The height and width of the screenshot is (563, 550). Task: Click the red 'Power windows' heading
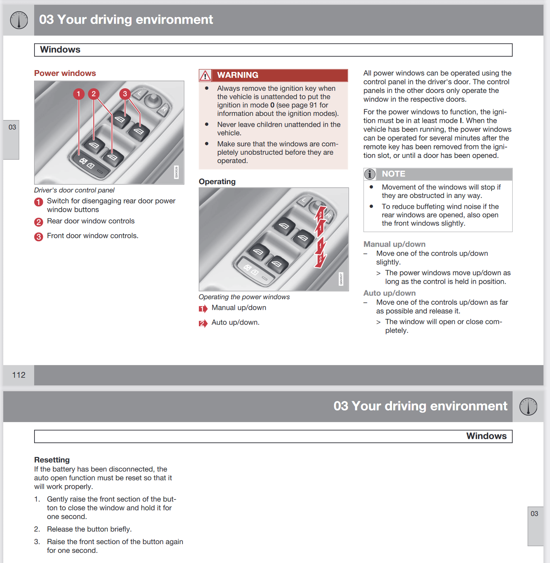(65, 73)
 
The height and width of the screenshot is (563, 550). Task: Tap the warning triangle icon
(205, 76)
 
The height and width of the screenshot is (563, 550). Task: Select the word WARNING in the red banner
(237, 75)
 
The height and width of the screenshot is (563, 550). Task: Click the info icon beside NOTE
(370, 174)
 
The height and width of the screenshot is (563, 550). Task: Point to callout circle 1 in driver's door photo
(78, 94)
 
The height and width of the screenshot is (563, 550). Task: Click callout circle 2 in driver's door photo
(94, 94)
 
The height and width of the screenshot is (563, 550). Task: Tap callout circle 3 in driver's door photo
(125, 94)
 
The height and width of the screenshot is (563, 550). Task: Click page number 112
(19, 375)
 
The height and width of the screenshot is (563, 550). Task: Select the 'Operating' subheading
(217, 182)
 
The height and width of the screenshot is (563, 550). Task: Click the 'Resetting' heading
(52, 460)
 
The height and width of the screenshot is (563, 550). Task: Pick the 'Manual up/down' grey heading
(394, 244)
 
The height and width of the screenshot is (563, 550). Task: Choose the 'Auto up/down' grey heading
(390, 293)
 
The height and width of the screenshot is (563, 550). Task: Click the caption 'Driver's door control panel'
(74, 190)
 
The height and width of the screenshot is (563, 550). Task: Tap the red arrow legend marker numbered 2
(203, 323)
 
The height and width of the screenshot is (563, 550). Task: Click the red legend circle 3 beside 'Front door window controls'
(38, 237)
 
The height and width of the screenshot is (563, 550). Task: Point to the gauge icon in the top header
(19, 20)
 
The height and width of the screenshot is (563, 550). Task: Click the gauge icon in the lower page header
(528, 406)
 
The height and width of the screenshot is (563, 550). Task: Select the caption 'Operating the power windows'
(244, 297)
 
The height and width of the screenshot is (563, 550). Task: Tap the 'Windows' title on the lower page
(486, 436)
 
